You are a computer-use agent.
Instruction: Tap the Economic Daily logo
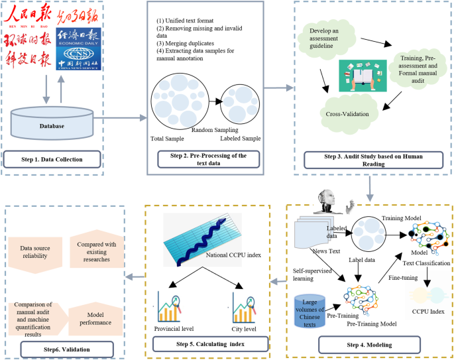coord(82,36)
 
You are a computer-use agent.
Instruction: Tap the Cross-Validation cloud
coord(347,113)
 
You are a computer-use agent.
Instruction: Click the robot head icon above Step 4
coord(328,200)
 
